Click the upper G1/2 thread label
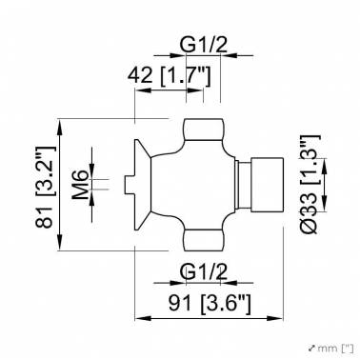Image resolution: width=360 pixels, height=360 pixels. pos(204,45)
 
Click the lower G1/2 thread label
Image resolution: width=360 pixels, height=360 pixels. pos(204,272)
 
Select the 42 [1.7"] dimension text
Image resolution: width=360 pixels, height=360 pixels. pos(169,75)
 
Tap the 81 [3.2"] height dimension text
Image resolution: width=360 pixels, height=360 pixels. pos(46,187)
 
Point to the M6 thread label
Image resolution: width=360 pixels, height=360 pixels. pos(80,185)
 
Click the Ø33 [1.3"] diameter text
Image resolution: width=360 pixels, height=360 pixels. pos(310,184)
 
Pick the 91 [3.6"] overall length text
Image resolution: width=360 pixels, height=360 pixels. pos(210,304)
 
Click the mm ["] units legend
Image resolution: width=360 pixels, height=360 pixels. pos(330,349)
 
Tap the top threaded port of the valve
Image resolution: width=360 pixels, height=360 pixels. pos(204,130)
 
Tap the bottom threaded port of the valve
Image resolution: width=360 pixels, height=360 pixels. pos(204,240)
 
